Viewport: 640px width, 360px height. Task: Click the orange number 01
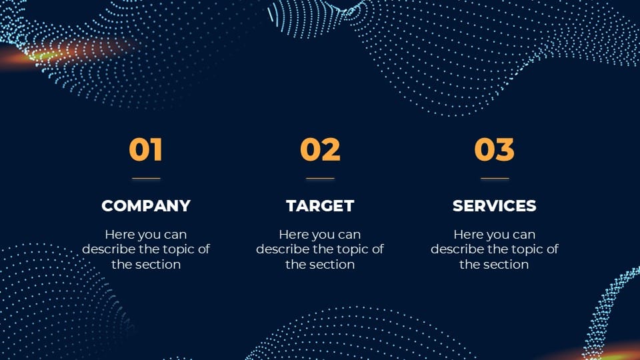coord(146,149)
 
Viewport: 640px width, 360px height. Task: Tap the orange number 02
coord(320,149)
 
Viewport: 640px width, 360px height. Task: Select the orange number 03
coord(494,149)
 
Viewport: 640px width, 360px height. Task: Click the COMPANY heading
coord(146,206)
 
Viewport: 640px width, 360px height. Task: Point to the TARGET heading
coord(320,206)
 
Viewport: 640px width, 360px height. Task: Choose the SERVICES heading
coord(494,206)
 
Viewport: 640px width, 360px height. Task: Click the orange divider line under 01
coord(146,179)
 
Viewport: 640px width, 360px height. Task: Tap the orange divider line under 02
coord(320,179)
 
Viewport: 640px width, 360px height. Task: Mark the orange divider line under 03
coord(495,179)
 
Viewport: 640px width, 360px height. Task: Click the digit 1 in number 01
coord(157,149)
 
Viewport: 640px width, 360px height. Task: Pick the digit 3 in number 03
coord(505,149)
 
